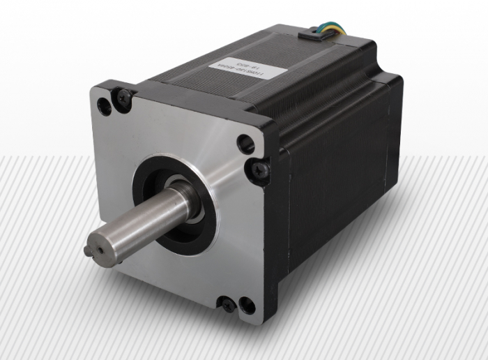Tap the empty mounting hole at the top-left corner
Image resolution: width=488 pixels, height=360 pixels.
tap(105, 107)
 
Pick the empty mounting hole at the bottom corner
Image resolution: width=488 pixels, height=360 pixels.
tap(246, 306)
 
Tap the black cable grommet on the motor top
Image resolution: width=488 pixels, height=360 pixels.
tap(314, 34)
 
